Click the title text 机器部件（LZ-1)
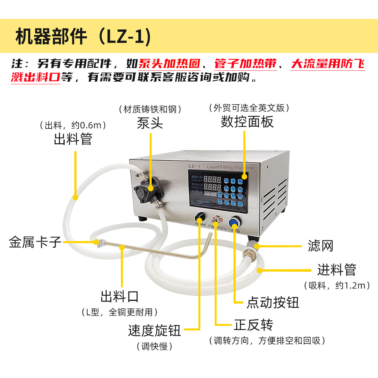click(x=83, y=37)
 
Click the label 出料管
click(x=73, y=139)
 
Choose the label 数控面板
click(x=247, y=122)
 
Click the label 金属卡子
click(x=35, y=242)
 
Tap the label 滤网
click(x=321, y=246)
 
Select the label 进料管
click(x=336, y=270)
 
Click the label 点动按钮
click(x=273, y=302)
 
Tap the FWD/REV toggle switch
click(x=217, y=219)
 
